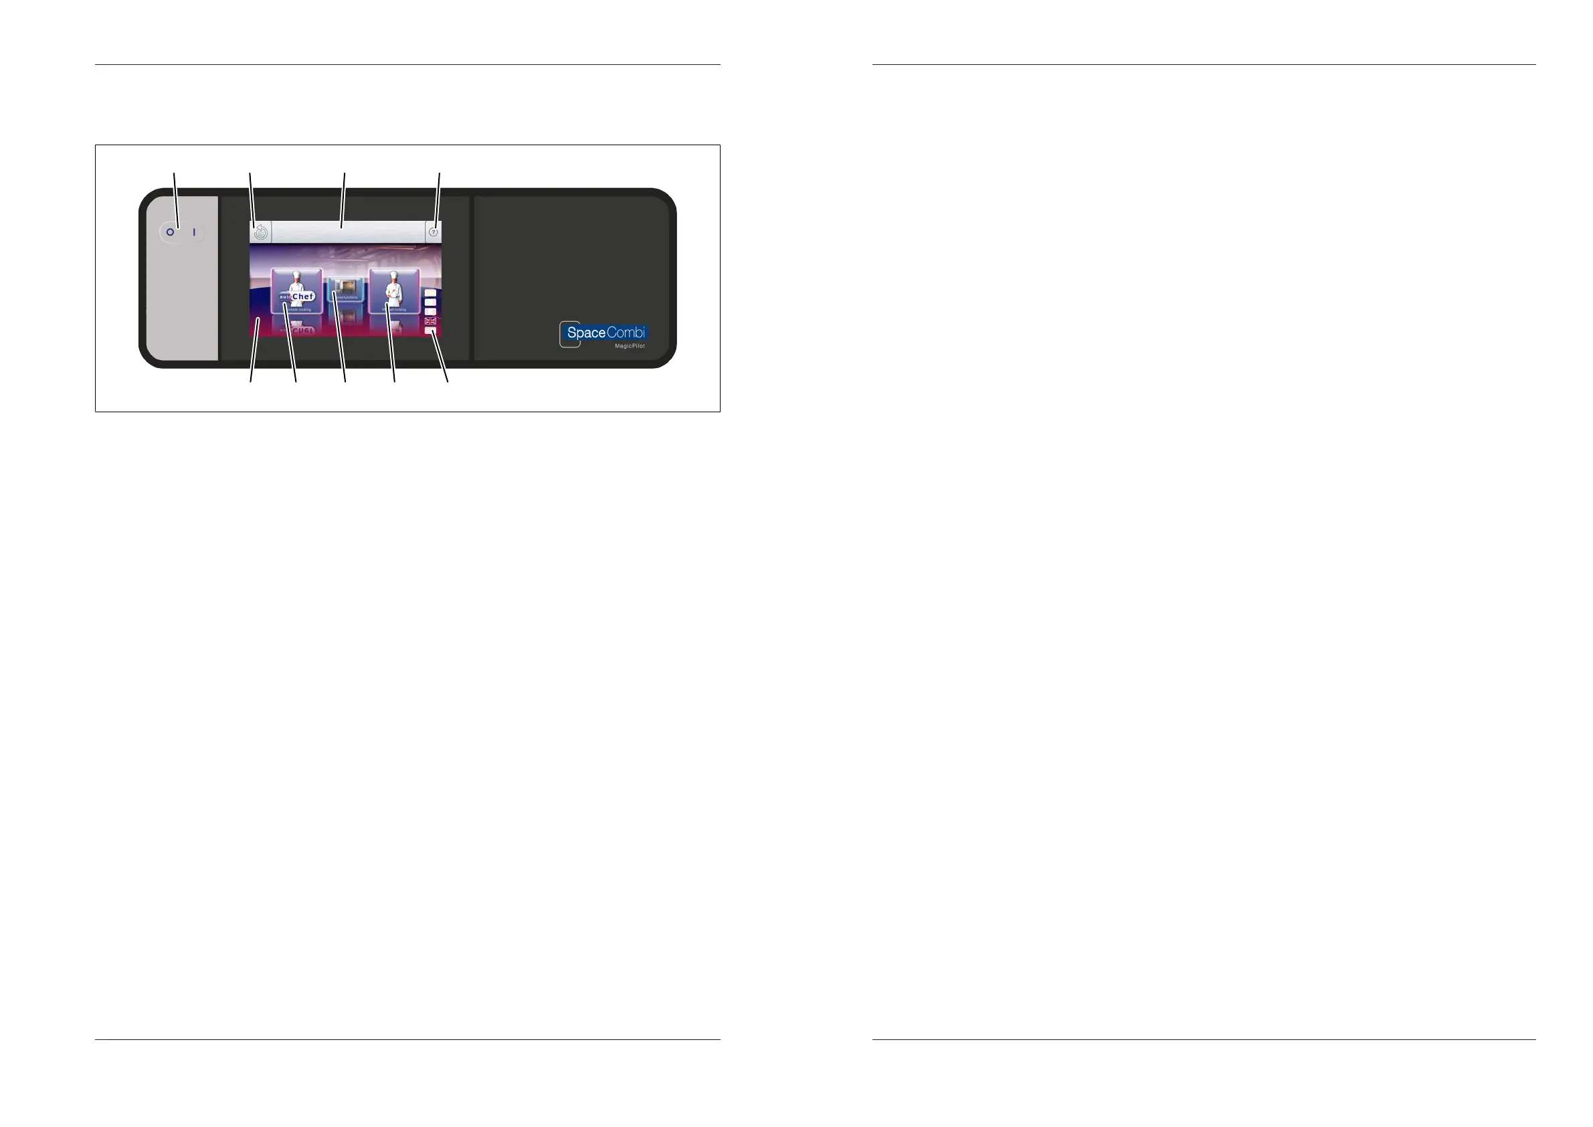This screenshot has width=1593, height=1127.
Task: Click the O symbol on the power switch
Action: coord(170,232)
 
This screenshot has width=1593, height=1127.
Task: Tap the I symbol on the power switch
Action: coord(194,232)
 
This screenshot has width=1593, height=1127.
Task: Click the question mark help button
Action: coord(434,232)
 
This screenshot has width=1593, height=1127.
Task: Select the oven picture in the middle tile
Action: coord(345,286)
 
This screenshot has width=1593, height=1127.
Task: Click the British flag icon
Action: coord(430,321)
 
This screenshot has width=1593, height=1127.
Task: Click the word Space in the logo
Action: coord(585,333)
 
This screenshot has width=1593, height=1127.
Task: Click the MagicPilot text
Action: coord(630,345)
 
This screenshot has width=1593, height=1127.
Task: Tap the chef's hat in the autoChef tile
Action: coord(297,276)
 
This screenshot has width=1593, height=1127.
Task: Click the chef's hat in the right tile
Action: coord(394,276)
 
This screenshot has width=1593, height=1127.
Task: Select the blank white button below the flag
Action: coord(430,331)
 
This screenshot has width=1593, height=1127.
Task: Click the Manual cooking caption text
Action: coord(394,309)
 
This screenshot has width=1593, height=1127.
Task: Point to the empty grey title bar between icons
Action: coord(347,232)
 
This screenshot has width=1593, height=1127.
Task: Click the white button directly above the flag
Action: coord(430,311)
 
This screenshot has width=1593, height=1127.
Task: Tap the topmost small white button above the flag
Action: coord(430,293)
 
